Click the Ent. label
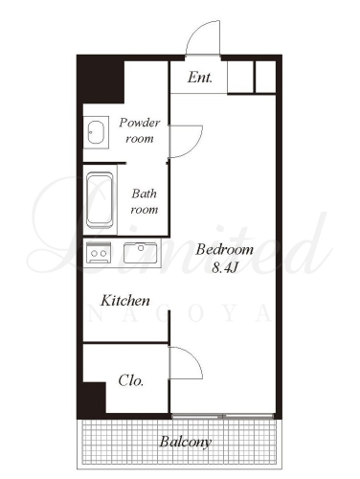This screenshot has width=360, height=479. pos(200,78)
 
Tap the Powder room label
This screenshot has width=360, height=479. pos(140,130)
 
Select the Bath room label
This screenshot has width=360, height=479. pos(145,201)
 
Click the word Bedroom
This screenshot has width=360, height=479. pos(225,249)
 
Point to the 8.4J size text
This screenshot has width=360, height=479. pos(225,267)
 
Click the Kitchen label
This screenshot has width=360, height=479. pos(125,301)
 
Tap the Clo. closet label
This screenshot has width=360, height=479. pos(131,380)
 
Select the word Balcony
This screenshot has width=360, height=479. pos(186,443)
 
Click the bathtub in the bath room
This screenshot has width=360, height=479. pos(100,200)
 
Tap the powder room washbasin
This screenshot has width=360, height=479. pos(96,132)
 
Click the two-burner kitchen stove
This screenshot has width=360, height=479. pos(99,253)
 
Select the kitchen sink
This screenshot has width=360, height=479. pos(141,253)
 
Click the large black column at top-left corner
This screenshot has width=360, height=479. pos(101,80)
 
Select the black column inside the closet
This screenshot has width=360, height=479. pos(93,398)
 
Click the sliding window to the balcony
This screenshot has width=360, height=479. pos(222,416)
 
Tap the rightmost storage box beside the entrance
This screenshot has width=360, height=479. pos(266,77)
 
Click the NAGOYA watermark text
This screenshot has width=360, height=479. pos(180,314)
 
